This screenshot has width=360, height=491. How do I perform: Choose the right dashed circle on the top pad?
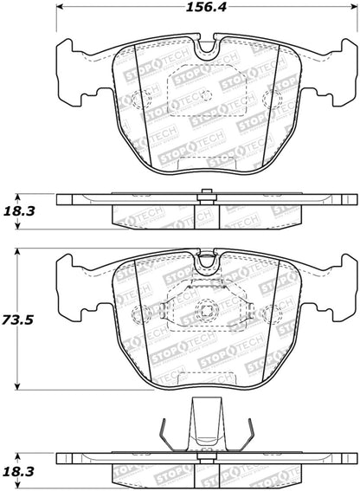pos(268,98)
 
